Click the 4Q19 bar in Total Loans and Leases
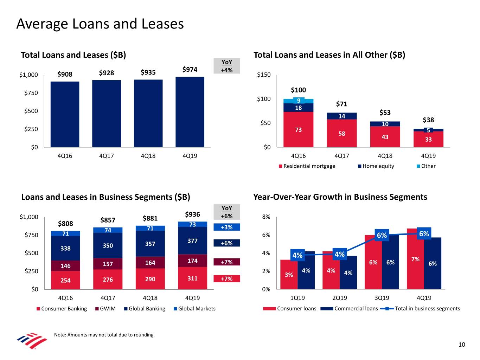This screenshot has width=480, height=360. click(x=190, y=112)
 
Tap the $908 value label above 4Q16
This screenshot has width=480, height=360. click(x=65, y=74)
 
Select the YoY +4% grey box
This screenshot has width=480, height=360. click(x=227, y=66)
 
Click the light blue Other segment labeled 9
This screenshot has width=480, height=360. click(x=299, y=101)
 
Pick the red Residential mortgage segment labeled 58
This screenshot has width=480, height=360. click(x=342, y=133)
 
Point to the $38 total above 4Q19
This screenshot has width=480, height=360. click(x=428, y=120)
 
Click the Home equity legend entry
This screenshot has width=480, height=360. click(x=376, y=166)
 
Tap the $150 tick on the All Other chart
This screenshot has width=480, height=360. click(x=264, y=75)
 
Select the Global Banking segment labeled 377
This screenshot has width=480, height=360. click(x=192, y=241)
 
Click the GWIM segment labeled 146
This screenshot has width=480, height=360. click(x=65, y=266)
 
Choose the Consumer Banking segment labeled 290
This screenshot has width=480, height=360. click(x=150, y=279)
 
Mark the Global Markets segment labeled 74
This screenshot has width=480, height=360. click(x=108, y=230)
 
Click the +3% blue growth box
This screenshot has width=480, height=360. click(x=227, y=227)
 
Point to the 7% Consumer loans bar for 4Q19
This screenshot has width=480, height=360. click(x=415, y=259)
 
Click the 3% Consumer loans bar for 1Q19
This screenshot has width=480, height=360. click(x=289, y=275)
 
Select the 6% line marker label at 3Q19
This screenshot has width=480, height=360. click(x=382, y=235)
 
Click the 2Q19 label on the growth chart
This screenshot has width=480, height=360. click(x=340, y=298)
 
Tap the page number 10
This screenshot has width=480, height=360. click(x=462, y=345)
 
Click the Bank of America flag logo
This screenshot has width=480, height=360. click(x=32, y=340)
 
